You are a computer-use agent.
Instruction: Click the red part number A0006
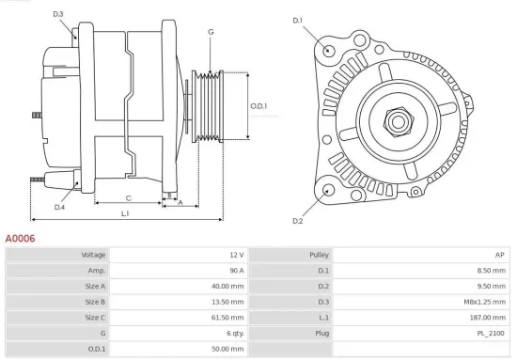tap(20, 239)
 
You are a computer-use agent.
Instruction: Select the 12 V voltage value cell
tap(235, 255)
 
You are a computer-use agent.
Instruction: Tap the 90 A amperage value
tap(235, 271)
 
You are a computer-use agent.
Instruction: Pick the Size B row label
tap(95, 302)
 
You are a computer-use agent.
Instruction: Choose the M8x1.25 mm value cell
tap(489, 302)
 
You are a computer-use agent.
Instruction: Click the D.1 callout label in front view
tap(298, 20)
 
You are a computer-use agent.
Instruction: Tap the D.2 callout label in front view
tap(298, 221)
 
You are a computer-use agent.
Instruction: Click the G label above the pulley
tap(211, 32)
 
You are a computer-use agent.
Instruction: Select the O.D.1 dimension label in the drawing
tap(259, 105)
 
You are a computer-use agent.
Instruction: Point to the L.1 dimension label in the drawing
tap(125, 214)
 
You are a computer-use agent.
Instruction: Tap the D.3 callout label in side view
tap(58, 14)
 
